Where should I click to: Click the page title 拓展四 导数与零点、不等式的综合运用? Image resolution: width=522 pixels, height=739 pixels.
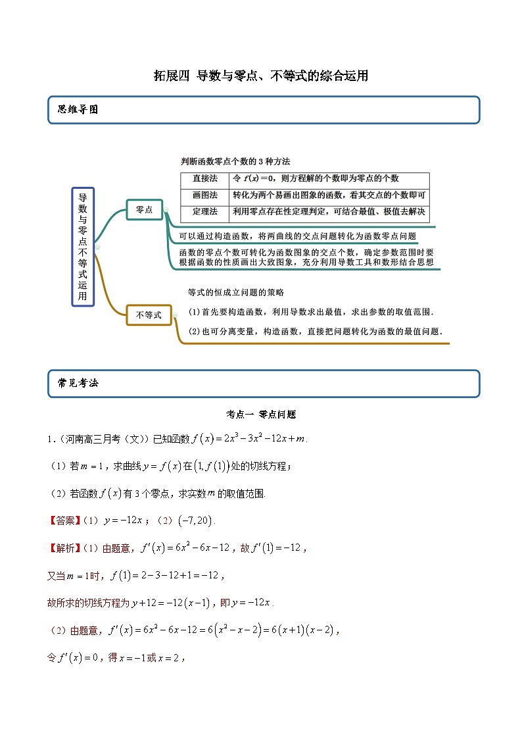tap(260, 76)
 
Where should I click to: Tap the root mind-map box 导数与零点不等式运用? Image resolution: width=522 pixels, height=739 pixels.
tap(83, 247)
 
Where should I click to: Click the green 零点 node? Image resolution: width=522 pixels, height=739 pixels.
tap(144, 209)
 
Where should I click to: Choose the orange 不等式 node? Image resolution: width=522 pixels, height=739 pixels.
tap(148, 315)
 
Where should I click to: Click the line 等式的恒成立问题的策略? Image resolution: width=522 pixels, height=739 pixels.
tap(236, 292)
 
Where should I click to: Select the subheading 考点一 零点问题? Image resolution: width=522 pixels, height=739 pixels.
tap(261, 415)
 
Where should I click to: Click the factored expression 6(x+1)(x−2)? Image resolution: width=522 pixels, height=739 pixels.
tap(299, 630)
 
